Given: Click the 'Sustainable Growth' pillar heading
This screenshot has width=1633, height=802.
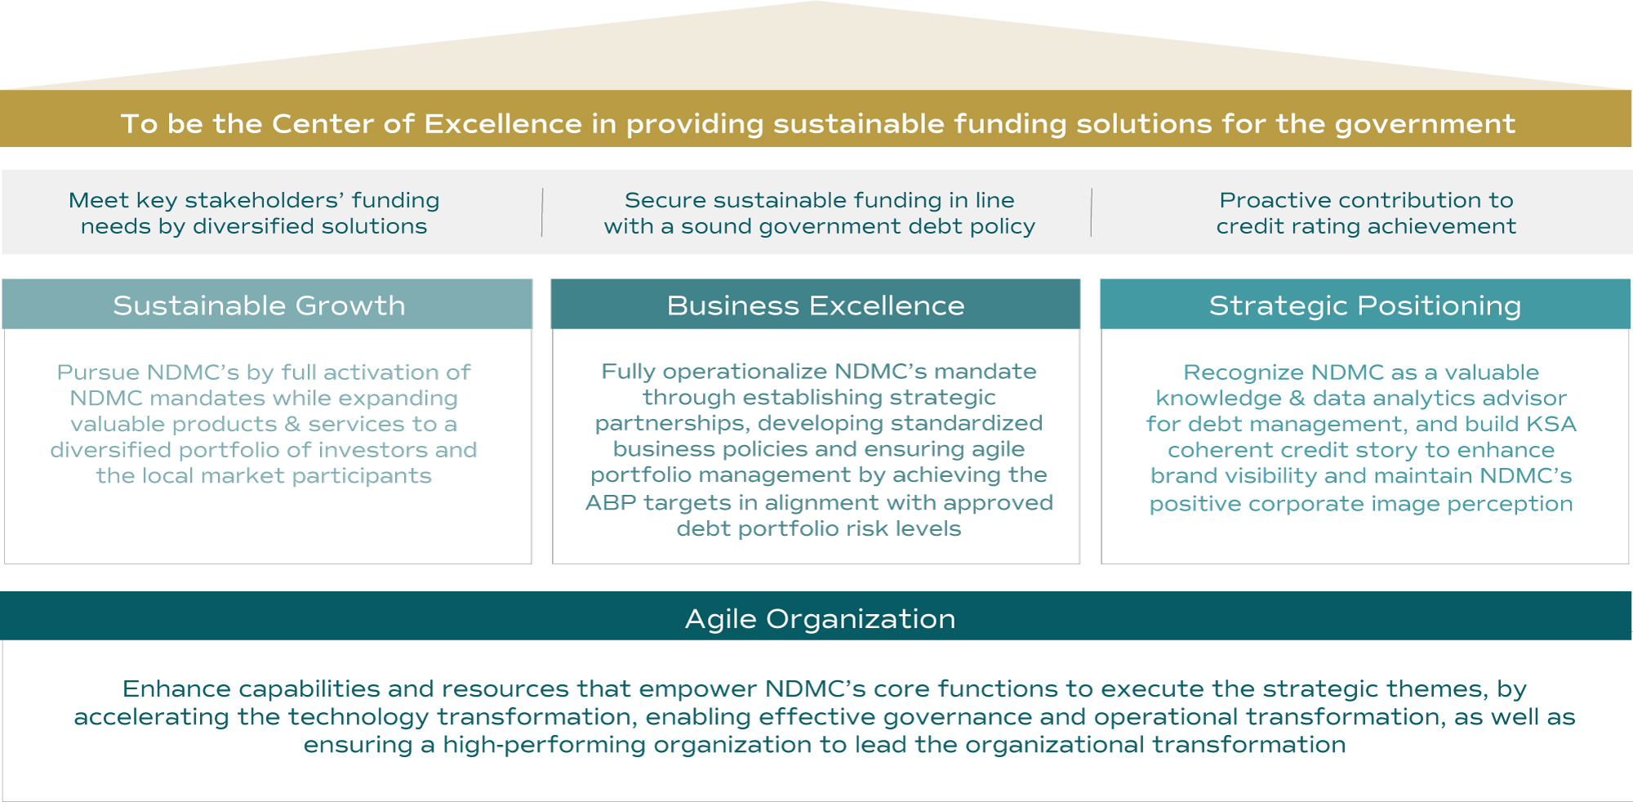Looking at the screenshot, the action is [259, 305].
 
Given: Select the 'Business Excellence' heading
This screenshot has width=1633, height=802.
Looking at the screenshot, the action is [816, 305].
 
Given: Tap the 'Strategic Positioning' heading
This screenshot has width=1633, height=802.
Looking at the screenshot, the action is [1365, 305].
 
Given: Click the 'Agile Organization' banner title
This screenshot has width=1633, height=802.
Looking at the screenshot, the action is [820, 619].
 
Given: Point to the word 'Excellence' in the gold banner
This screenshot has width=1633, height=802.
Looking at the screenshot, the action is [503, 123].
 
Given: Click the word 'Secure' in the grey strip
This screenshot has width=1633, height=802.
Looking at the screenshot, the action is [654, 200].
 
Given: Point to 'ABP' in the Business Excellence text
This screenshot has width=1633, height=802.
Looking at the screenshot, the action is [611, 502].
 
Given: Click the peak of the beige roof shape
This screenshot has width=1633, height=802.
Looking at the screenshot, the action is [815, 2].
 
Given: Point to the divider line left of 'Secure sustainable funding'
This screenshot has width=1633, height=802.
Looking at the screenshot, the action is [542, 212].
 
